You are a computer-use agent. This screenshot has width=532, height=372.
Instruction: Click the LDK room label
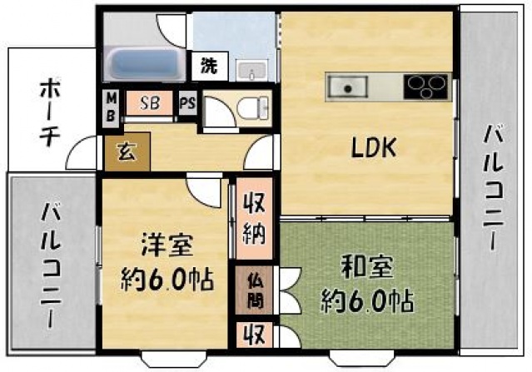374,148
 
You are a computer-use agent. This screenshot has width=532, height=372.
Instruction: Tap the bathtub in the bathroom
145,64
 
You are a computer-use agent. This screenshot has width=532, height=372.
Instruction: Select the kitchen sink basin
347,86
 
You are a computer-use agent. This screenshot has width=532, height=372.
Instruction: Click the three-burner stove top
425,87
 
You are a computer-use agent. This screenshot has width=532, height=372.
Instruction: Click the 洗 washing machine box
209,66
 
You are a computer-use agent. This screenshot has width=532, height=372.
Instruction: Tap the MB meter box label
112,107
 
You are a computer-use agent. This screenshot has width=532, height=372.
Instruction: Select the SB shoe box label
150,102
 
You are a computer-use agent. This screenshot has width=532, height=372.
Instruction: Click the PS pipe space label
188,102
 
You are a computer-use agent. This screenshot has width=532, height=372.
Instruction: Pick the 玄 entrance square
127,151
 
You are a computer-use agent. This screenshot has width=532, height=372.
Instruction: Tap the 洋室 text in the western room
167,245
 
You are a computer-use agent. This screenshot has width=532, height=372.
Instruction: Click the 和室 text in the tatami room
367,266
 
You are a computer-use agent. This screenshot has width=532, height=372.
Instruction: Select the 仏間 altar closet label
255,290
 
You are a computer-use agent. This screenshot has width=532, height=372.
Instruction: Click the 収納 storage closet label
255,219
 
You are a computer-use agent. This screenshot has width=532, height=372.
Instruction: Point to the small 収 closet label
255,335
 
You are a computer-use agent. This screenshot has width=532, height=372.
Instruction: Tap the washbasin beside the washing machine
251,71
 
